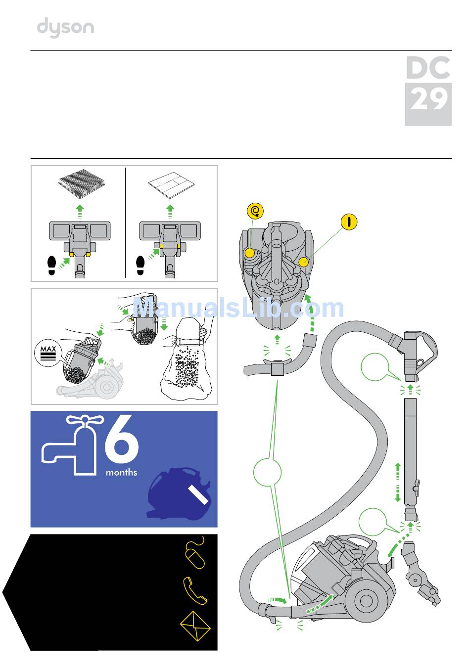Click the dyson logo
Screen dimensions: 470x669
(65, 27)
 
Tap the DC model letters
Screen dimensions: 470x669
(428, 68)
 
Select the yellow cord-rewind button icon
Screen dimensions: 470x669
(255, 212)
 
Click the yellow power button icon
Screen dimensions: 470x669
(349, 222)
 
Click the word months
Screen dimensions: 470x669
(121, 473)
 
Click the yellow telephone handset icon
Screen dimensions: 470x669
(195, 590)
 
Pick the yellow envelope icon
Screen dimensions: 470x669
(195, 626)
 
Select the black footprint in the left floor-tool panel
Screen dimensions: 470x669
(52, 265)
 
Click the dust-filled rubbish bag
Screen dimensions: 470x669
(187, 363)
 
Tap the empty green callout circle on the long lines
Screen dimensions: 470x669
(267, 472)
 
